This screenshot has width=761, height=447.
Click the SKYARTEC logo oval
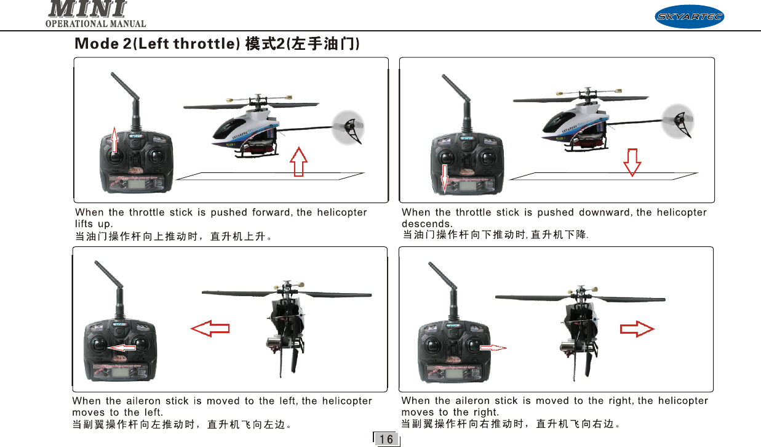tap(689, 17)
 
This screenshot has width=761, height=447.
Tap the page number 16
tap(386, 440)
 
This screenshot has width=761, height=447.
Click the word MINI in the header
tap(87, 9)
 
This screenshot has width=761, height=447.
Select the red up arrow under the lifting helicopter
tap(298, 162)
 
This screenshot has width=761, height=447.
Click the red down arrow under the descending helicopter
tap(632, 163)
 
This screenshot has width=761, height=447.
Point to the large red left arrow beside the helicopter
tap(210, 328)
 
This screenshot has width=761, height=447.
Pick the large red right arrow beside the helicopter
tap(637, 329)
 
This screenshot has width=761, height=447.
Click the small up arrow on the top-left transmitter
tap(114, 140)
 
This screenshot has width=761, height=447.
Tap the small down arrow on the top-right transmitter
tap(445, 178)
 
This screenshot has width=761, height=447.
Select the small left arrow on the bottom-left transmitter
tap(122, 348)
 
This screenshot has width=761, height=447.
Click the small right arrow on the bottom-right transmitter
tap(493, 348)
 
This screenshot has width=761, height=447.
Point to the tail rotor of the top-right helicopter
tap(678, 121)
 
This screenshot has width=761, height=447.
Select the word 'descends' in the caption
tap(427, 223)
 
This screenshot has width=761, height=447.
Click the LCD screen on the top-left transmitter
tap(135, 184)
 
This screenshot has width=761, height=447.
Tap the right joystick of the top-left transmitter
tap(157, 156)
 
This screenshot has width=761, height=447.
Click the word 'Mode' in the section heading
tap(97, 44)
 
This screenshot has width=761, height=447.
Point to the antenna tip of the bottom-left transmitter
tap(97, 262)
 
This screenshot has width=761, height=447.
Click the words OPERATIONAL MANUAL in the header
tap(96, 24)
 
